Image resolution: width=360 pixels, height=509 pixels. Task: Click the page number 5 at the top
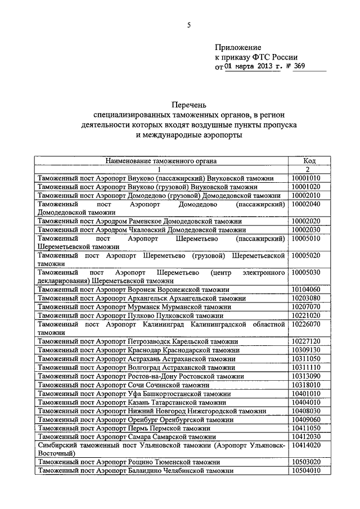189,25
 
